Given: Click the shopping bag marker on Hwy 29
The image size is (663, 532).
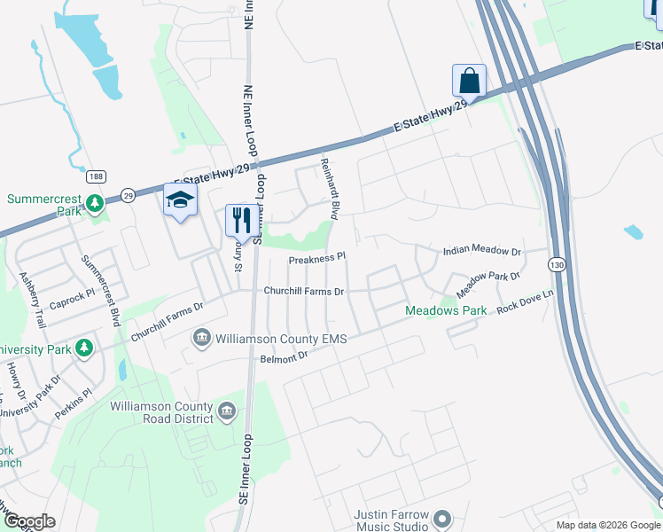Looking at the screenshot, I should tap(469, 81).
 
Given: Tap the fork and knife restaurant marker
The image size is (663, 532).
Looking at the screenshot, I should tap(242, 220).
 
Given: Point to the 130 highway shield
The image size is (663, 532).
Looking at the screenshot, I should tap(557, 264).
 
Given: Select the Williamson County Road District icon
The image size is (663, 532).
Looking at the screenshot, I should tap(227, 410).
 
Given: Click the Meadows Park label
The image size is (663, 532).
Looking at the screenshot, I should tap(446, 311).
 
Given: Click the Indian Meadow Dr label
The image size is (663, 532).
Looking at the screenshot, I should tap(482, 251).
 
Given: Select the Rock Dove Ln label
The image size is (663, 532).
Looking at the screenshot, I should tap(525, 301).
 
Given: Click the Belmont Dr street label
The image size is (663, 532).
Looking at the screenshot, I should tap(283, 357).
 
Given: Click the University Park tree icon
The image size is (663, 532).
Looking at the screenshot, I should tap(85, 348).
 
